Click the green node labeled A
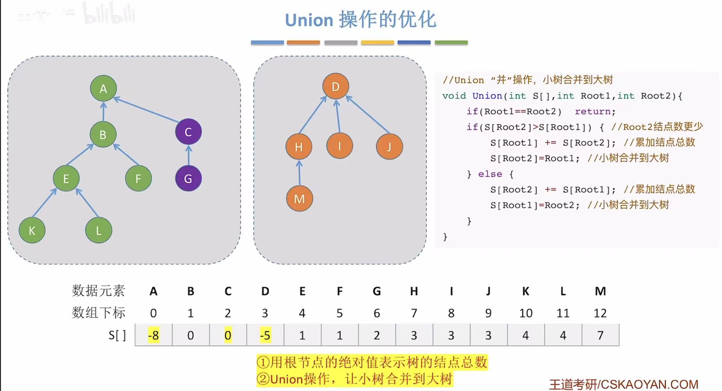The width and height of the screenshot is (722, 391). (x=103, y=88)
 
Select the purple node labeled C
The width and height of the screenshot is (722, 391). (x=188, y=132)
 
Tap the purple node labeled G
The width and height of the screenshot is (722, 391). (x=188, y=178)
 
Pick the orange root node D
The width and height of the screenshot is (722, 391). (x=336, y=87)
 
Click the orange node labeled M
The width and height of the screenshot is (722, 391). (x=299, y=199)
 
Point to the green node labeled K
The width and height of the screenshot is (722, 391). (x=32, y=230)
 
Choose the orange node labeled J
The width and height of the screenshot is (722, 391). (x=389, y=147)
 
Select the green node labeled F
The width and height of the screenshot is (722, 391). (x=138, y=178)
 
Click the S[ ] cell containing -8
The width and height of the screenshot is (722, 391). (x=154, y=335)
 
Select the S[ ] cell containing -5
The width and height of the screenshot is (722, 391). (x=265, y=335)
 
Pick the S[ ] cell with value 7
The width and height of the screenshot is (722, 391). (x=600, y=335)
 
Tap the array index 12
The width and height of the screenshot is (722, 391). (x=600, y=313)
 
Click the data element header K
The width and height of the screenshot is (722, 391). (x=526, y=291)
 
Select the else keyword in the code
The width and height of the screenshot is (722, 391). (x=490, y=174)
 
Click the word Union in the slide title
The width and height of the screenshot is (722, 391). (x=309, y=20)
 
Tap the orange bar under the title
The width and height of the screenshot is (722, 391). (x=303, y=42)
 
